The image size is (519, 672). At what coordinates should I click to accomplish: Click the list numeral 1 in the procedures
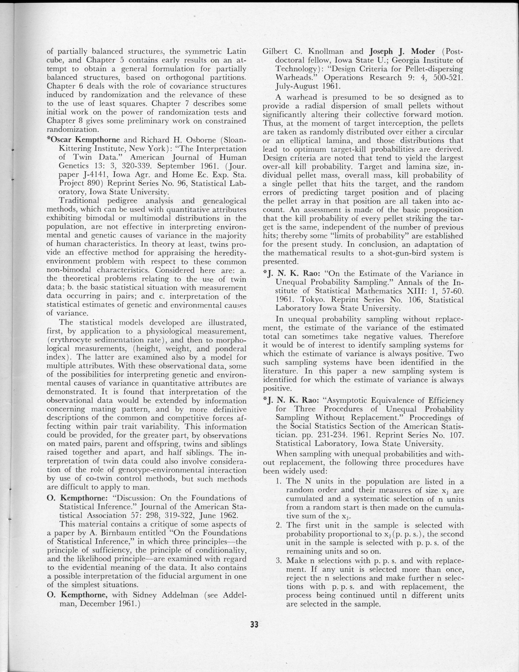tap(279, 481)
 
